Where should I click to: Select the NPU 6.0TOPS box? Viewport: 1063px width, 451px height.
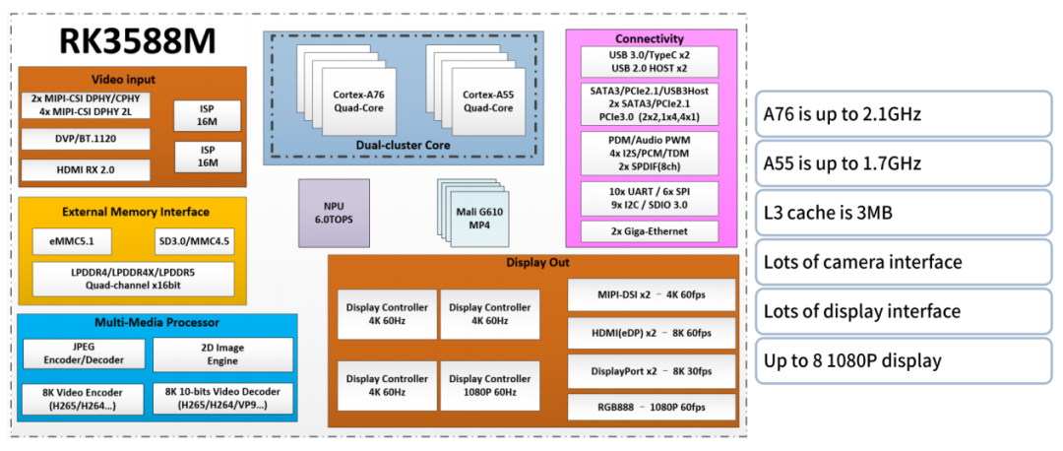point(334,214)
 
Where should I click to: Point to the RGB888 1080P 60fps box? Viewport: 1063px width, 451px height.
point(651,407)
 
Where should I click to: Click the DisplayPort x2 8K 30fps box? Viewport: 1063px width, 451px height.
point(651,370)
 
